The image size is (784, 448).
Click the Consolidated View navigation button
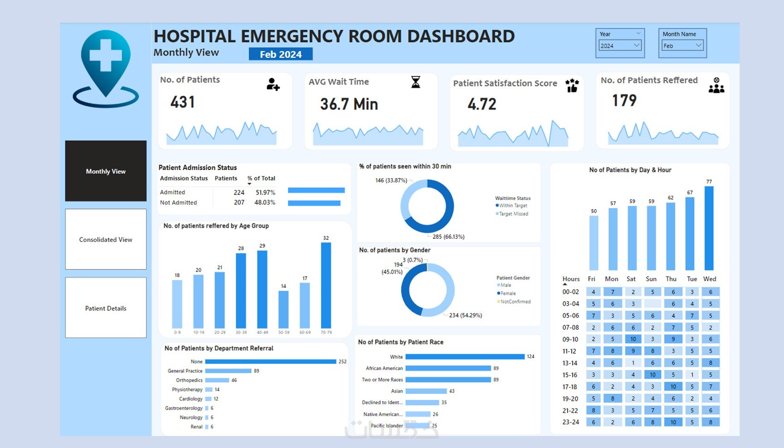pyautogui.click(x=106, y=239)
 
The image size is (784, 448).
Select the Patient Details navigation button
pyautogui.click(x=106, y=308)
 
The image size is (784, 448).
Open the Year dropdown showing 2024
pyautogui.click(x=620, y=46)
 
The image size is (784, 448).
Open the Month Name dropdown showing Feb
pyautogui.click(x=682, y=46)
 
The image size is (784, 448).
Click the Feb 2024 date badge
pyautogui.click(x=281, y=54)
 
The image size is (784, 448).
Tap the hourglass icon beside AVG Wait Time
pyautogui.click(x=416, y=82)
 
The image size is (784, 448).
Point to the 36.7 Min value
pyautogui.click(x=349, y=104)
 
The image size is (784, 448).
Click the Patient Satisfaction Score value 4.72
pyautogui.click(x=482, y=104)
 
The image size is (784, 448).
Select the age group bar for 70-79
pyautogui.click(x=326, y=285)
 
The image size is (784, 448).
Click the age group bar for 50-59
pyautogui.click(x=283, y=309)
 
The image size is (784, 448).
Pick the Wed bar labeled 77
pyautogui.click(x=709, y=228)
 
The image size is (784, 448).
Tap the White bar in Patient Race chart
pyautogui.click(x=465, y=357)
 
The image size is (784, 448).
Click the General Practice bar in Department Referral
pyautogui.click(x=228, y=371)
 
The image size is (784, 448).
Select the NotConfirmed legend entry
pyautogui.click(x=515, y=302)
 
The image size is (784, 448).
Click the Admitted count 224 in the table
pyautogui.click(x=239, y=192)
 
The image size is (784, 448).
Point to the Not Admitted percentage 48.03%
pyautogui.click(x=265, y=202)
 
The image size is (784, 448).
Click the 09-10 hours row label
pyautogui.click(x=570, y=339)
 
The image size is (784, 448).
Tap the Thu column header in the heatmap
pyautogui.click(x=671, y=279)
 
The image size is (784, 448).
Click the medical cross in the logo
pyautogui.click(x=106, y=55)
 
